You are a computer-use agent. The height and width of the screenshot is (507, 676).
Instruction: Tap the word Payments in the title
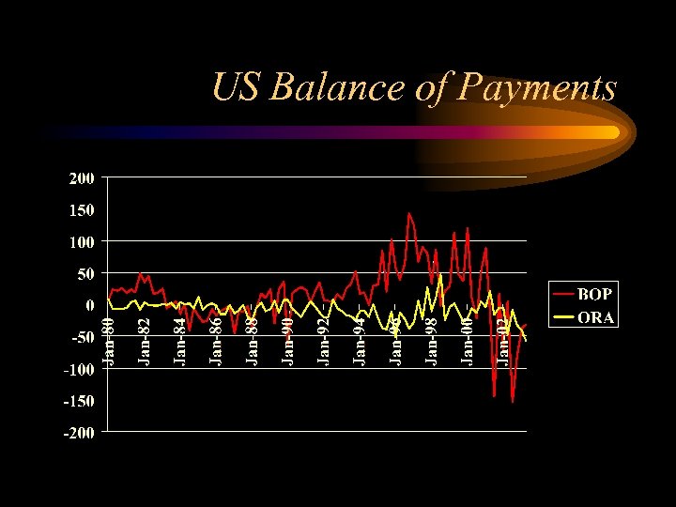[538, 89]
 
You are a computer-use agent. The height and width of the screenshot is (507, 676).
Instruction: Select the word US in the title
[238, 87]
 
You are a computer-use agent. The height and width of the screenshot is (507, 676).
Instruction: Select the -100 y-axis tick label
[80, 369]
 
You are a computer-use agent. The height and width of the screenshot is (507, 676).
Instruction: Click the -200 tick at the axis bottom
[80, 433]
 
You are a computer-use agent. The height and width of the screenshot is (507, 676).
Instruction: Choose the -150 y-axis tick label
[80, 401]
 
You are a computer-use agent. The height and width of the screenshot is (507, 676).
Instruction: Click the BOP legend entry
[594, 295]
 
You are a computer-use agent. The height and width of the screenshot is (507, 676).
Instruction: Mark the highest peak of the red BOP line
[409, 213]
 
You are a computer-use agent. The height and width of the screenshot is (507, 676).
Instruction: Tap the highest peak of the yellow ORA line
[440, 275]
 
